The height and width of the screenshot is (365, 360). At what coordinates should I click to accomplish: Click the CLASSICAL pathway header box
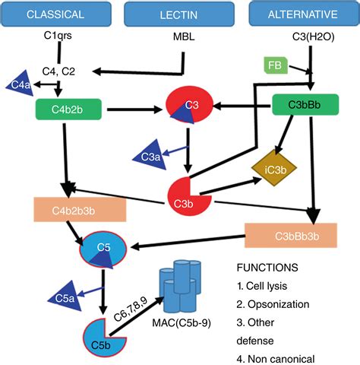(56, 14)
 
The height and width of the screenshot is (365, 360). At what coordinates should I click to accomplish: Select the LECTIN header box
(179, 14)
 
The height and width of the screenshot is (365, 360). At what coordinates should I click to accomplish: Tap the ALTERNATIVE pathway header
(304, 14)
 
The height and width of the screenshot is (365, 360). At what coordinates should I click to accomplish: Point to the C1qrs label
(58, 36)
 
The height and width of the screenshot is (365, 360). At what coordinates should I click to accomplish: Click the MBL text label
(184, 36)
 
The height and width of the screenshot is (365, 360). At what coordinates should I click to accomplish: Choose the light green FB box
(276, 65)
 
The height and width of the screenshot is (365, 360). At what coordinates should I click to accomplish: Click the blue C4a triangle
(21, 84)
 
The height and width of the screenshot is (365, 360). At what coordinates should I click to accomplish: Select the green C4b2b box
(68, 109)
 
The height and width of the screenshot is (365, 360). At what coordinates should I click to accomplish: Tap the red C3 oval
(190, 105)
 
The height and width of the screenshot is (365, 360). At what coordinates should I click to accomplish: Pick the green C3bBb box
(305, 105)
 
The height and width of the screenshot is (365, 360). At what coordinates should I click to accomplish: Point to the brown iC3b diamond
(274, 168)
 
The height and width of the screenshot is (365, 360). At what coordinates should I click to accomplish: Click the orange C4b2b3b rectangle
(80, 210)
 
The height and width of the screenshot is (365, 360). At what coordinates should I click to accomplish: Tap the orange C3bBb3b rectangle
(291, 236)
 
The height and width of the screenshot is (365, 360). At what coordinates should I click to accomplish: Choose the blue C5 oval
(103, 249)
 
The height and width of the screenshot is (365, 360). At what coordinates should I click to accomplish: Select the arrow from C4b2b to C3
(134, 109)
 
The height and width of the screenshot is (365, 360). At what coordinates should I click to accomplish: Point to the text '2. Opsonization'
(273, 304)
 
